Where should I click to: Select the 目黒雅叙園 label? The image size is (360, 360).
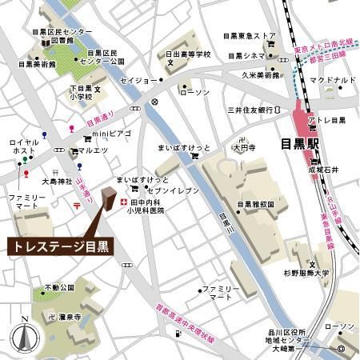tap(256, 204)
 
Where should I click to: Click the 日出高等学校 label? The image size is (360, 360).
tap(188, 55)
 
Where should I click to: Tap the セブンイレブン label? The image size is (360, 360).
tap(165, 192)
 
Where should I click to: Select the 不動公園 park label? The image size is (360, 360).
tap(59, 286)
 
